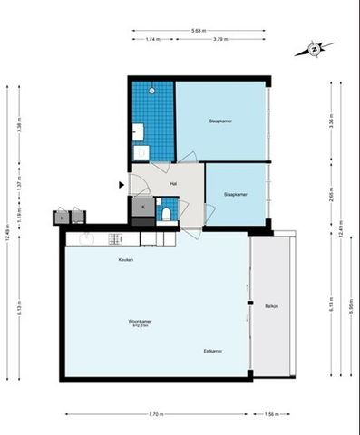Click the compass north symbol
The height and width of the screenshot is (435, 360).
(314, 49)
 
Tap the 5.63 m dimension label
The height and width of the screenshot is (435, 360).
(197, 31)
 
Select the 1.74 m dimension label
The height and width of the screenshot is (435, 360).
(151, 40)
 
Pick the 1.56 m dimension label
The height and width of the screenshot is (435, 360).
(272, 415)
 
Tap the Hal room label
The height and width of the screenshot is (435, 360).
(172, 184)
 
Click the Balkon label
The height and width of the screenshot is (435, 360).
(271, 306)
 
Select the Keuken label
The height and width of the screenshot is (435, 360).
(125, 260)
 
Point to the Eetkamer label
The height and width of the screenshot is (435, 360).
(213, 350)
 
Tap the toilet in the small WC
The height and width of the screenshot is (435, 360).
(167, 214)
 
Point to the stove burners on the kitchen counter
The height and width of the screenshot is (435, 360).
(115, 238)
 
